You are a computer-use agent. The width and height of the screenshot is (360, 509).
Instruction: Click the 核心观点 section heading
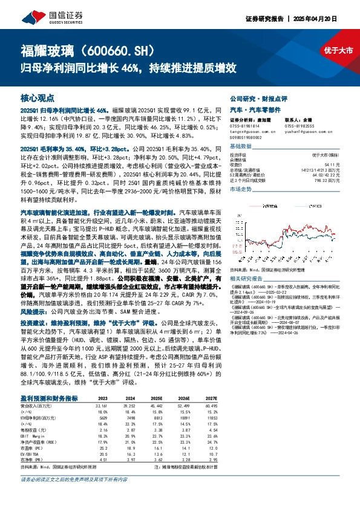tap(38, 97)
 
